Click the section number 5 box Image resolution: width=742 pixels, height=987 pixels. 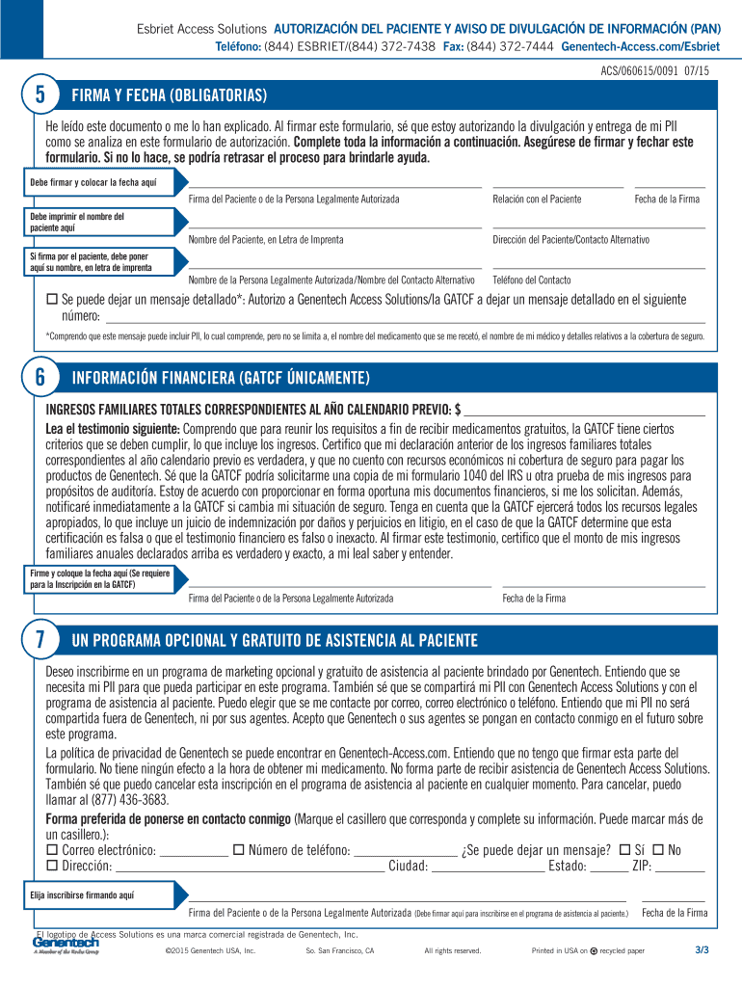(x=40, y=95)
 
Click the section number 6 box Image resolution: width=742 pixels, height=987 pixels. (x=40, y=378)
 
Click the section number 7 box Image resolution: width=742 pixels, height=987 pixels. (x=40, y=641)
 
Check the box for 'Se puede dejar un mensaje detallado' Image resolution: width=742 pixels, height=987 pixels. (x=53, y=301)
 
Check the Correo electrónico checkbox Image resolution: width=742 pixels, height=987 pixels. (x=53, y=849)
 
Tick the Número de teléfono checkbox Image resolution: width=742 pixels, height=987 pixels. (x=238, y=849)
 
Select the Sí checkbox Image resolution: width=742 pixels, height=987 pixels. (x=624, y=849)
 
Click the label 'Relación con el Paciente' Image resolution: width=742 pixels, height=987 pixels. (x=537, y=199)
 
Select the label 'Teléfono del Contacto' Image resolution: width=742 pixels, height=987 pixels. (x=532, y=280)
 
